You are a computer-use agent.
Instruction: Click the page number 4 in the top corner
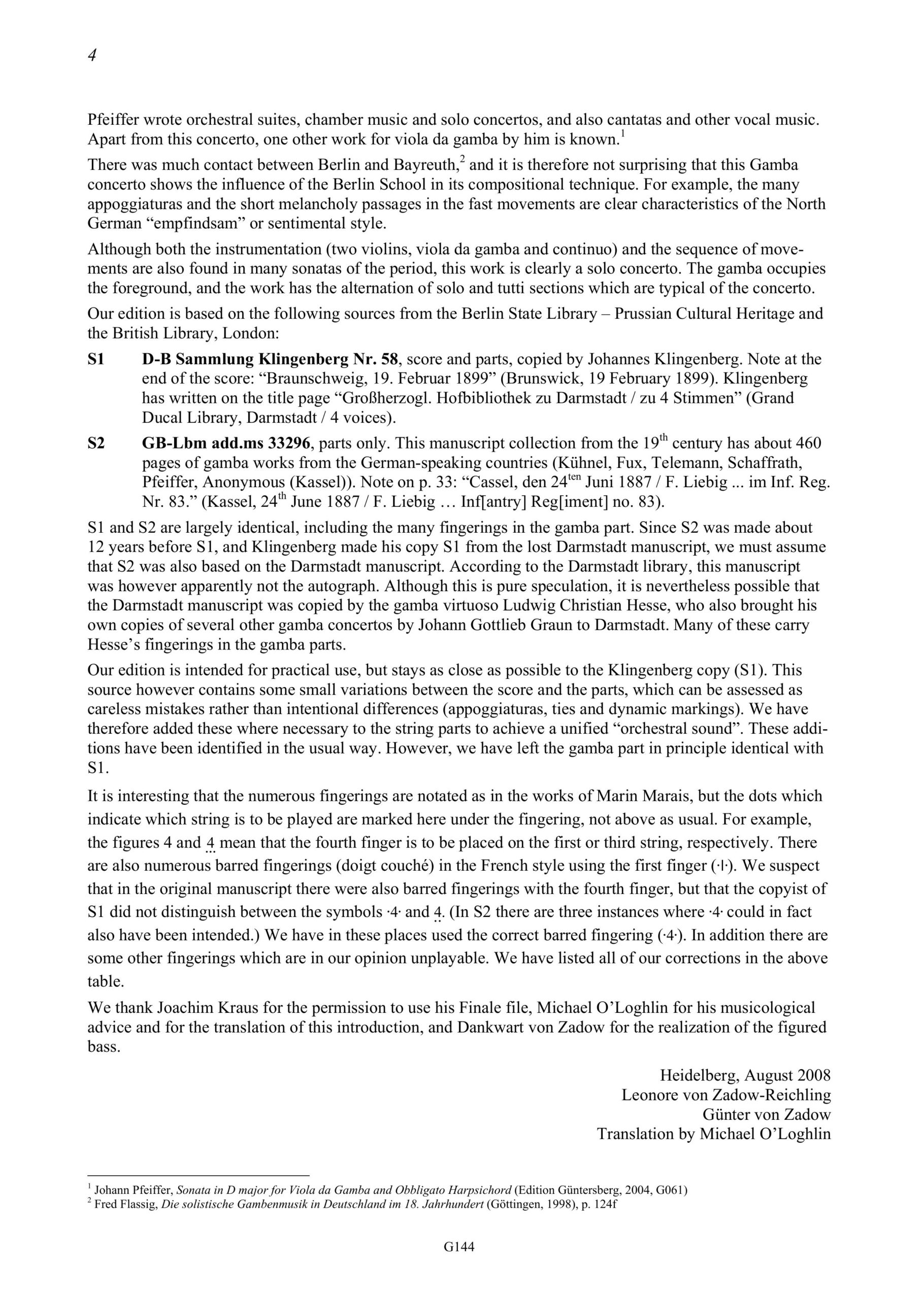click(x=92, y=55)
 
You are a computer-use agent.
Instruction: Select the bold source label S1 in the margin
click(x=96, y=359)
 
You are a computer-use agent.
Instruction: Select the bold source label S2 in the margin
click(x=96, y=443)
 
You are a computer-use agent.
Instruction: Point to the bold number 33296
click(x=284, y=443)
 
